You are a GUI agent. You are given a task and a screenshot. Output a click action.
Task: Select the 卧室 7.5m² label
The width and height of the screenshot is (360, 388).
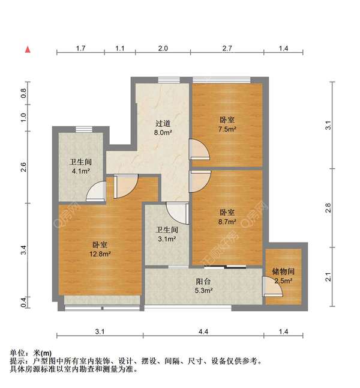coord(227,124)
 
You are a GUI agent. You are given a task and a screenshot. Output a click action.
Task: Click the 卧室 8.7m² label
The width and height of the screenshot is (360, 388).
coord(227,217)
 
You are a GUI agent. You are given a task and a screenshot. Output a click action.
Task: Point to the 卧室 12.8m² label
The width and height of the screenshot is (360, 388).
coord(100,249)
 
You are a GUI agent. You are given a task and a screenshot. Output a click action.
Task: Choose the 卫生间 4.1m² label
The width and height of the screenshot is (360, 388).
coord(80,166)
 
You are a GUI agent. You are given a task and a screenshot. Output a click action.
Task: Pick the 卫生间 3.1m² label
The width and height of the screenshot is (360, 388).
coord(166,234)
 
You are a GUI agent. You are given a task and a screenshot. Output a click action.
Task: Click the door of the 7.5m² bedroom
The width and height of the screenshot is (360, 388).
coord(199,149)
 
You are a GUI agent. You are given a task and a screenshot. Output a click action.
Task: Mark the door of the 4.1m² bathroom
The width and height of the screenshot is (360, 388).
coord(96,192)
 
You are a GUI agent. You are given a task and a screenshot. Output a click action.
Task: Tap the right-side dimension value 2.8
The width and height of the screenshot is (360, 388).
coord(328,208)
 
